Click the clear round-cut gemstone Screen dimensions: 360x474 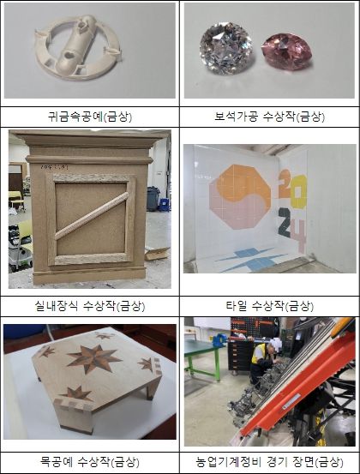pyautogui.click(x=226, y=48)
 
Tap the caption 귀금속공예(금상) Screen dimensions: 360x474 pyautogui.click(x=90, y=117)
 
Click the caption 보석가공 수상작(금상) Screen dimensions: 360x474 pyautogui.click(x=270, y=117)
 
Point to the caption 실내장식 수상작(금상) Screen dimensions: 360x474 pyautogui.click(x=90, y=306)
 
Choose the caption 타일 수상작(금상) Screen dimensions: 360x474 pyautogui.click(x=270, y=306)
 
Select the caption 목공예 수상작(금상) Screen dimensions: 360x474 pyautogui.click(x=90, y=462)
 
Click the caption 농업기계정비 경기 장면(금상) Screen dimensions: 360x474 pyautogui.click(x=270, y=462)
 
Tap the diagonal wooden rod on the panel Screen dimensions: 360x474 pyautogui.click(x=91, y=215)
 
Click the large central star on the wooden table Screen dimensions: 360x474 pyautogui.click(x=94, y=358)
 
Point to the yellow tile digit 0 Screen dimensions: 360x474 pyautogui.click(x=298, y=192)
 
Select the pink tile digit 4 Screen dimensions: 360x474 pyautogui.click(x=298, y=236)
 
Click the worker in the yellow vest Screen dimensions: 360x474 pyautogui.click(x=261, y=363)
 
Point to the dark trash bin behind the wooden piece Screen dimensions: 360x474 pyautogui.click(x=153, y=199)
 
